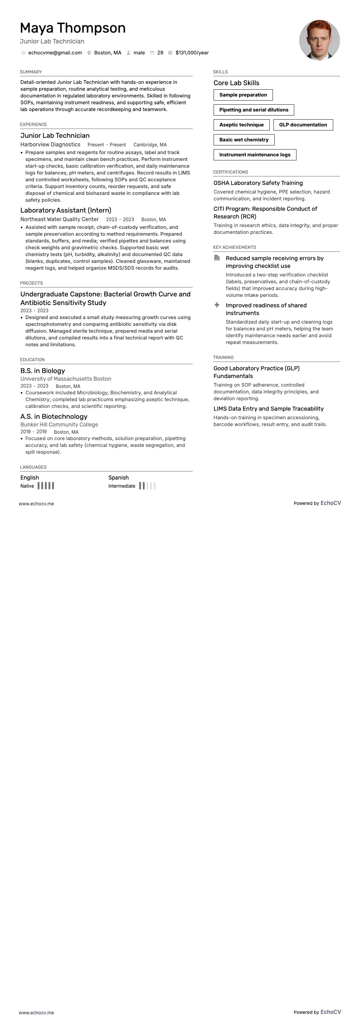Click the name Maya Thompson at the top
click(x=73, y=28)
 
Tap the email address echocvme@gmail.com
click(x=55, y=53)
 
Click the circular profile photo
click(x=319, y=40)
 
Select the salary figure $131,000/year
click(x=192, y=53)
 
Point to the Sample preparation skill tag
click(x=243, y=95)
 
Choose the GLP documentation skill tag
click(x=303, y=125)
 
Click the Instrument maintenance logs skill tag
click(x=255, y=155)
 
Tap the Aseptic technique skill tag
click(x=241, y=125)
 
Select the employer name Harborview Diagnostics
click(x=50, y=145)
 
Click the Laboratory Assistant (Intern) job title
click(x=66, y=210)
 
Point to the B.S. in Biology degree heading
click(x=43, y=371)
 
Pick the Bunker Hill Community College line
click(x=59, y=425)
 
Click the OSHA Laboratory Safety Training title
click(x=258, y=183)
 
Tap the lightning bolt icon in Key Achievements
click(x=217, y=305)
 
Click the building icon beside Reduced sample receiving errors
click(x=217, y=258)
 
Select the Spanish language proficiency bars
click(x=147, y=486)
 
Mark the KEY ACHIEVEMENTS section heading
click(x=234, y=247)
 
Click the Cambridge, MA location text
click(x=150, y=145)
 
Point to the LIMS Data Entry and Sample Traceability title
click(x=268, y=409)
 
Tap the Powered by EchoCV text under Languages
click(x=317, y=503)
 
